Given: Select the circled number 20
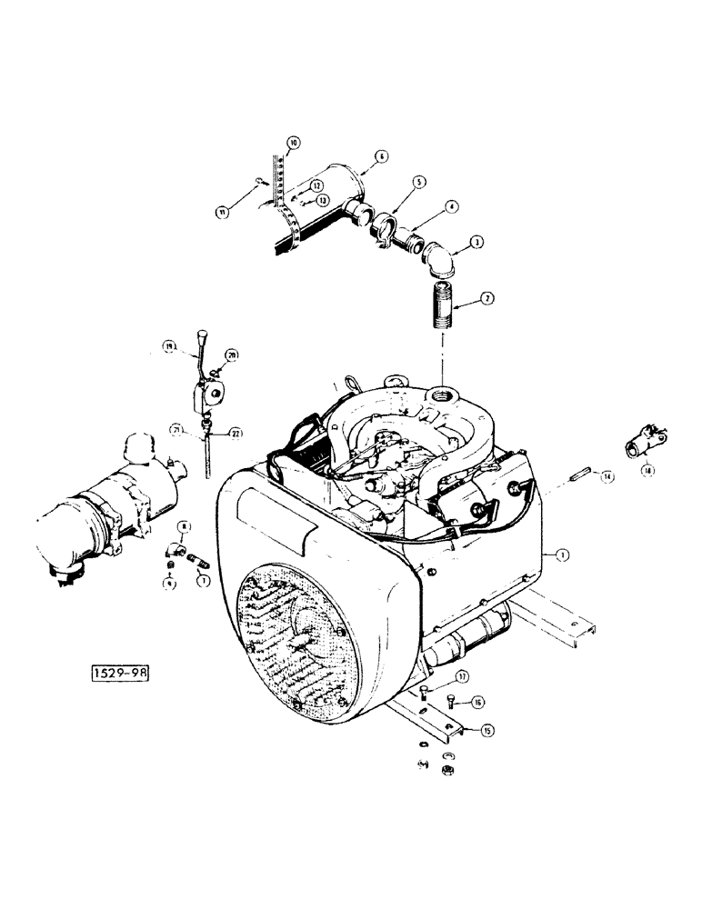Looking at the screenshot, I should pyautogui.click(x=232, y=355).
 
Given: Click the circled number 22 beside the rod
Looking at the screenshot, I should pyautogui.click(x=236, y=434).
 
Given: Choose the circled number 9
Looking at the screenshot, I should pyautogui.click(x=168, y=584).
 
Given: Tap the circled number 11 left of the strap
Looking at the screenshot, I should pyautogui.click(x=221, y=212).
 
